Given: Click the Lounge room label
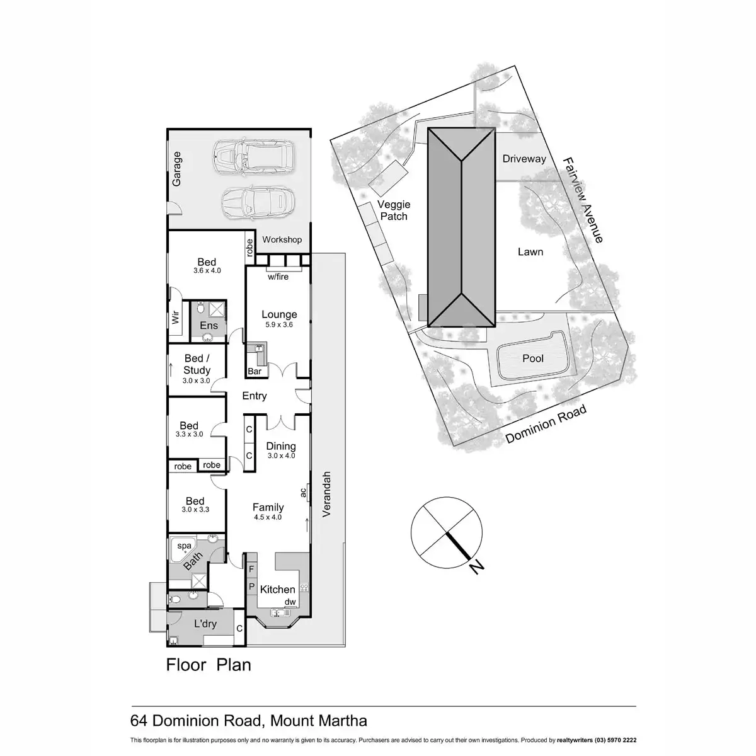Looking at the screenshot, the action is point(279,315).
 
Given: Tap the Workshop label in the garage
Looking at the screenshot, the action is point(282,239).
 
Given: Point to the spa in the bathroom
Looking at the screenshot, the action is point(184,546).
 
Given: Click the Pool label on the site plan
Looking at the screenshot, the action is point(533,358).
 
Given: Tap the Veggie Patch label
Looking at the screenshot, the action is point(394,210).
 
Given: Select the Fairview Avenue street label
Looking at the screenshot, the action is point(584,200).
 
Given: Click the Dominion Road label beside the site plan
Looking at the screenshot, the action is point(546,424).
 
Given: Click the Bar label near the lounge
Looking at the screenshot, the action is point(255,372).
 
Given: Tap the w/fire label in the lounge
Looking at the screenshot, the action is point(278,277).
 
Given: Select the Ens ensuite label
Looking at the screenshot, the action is point(209,325).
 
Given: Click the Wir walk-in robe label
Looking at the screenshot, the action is point(176,316).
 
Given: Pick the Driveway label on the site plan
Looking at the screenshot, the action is point(524,159).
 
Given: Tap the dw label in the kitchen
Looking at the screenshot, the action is point(290,602).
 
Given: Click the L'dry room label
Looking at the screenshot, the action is point(205,624).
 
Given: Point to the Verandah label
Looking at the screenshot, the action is point(326,495).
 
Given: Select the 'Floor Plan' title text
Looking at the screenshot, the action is point(209,665).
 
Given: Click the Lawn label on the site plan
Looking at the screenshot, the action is point(530,252).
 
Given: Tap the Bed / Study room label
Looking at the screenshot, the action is point(197,365).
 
